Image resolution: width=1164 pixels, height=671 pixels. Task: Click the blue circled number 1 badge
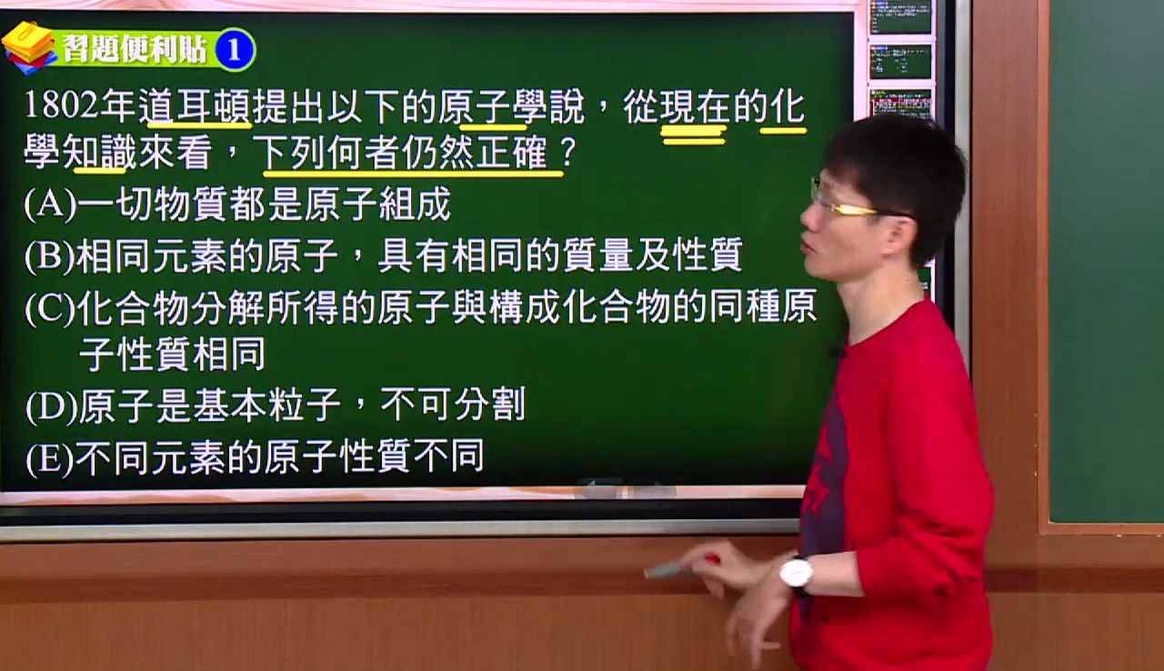coord(235,50)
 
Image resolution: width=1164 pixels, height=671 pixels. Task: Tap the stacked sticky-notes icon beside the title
coord(29,47)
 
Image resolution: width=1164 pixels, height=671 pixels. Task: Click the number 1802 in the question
coord(62,105)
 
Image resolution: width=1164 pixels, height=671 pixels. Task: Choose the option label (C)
coord(50,309)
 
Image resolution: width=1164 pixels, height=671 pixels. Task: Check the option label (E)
coord(50,459)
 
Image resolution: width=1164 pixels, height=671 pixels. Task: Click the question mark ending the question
coord(568,153)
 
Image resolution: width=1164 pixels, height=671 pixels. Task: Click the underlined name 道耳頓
coord(196,107)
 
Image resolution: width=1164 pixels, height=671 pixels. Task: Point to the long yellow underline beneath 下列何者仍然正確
coord(413,174)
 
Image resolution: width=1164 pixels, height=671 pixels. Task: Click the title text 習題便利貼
coord(135,49)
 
